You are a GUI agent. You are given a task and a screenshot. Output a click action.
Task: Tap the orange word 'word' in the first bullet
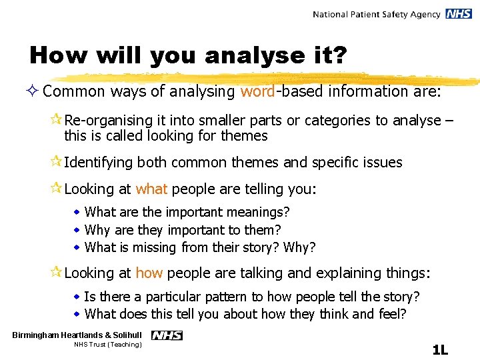pyautogui.click(x=257, y=91)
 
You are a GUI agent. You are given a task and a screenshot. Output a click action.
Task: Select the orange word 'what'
pyautogui.click(x=151, y=189)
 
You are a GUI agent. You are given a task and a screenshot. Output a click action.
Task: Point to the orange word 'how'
pyautogui.click(x=149, y=273)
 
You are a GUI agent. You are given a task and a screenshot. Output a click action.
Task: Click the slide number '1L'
pyautogui.click(x=439, y=349)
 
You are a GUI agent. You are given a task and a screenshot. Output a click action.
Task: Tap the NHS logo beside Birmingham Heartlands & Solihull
pyautogui.click(x=167, y=335)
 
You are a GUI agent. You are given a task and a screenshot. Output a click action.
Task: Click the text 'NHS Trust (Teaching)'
pyautogui.click(x=108, y=345)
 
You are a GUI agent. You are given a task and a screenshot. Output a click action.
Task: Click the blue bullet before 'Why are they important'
pyautogui.click(x=77, y=230)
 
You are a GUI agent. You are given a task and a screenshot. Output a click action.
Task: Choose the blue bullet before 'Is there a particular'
pyautogui.click(x=77, y=297)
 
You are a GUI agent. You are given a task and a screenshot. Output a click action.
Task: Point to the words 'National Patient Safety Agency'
pyautogui.click(x=377, y=14)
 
